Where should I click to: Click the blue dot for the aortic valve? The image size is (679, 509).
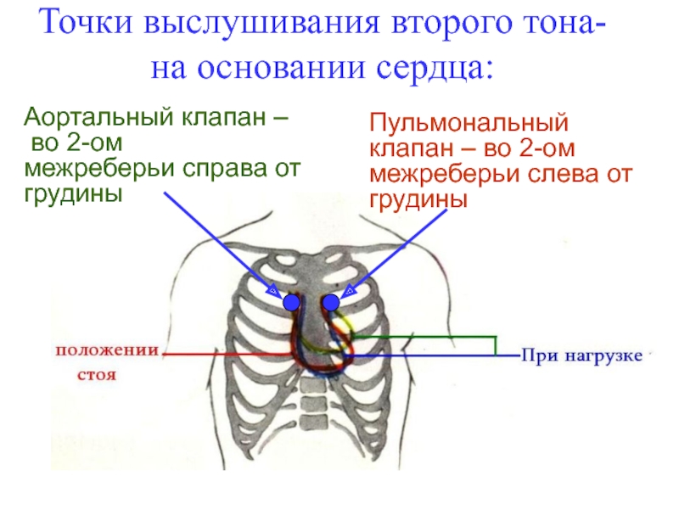(x=291, y=302)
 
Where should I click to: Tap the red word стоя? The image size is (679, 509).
(x=97, y=373)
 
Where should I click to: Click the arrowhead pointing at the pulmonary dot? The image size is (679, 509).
(x=348, y=289)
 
